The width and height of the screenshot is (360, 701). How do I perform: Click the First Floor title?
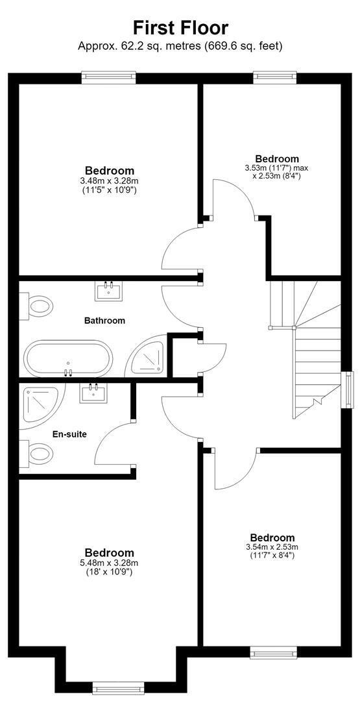click(180, 28)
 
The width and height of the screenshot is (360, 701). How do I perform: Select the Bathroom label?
click(104, 321)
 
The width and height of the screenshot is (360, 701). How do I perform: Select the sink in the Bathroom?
click(108, 291)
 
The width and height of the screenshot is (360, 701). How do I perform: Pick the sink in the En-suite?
click(93, 393)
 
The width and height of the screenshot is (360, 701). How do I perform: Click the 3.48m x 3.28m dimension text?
click(110, 181)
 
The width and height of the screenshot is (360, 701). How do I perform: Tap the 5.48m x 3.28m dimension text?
click(110, 563)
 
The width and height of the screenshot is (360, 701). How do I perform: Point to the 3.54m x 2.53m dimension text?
click(272, 547)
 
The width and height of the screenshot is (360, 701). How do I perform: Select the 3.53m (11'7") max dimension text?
click(276, 168)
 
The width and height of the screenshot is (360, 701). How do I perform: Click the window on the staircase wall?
click(346, 389)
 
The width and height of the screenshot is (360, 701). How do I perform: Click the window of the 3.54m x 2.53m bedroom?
click(274, 652)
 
